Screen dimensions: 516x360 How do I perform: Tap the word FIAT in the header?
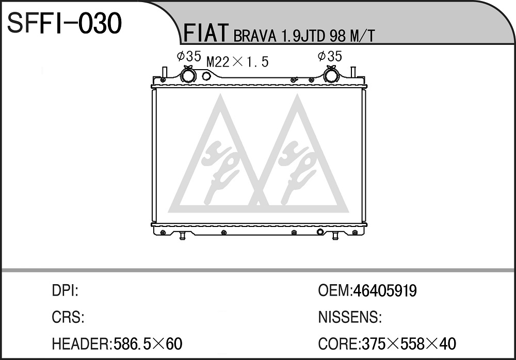(x=206, y=33)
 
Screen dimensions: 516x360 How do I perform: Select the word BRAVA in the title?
(x=255, y=36)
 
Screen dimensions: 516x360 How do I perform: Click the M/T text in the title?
(x=362, y=36)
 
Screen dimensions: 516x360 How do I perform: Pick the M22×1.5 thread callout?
(x=237, y=61)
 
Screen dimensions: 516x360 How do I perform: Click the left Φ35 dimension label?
(x=189, y=56)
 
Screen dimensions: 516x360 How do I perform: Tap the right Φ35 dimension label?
(x=330, y=56)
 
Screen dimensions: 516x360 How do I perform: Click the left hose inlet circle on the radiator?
(x=188, y=75)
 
